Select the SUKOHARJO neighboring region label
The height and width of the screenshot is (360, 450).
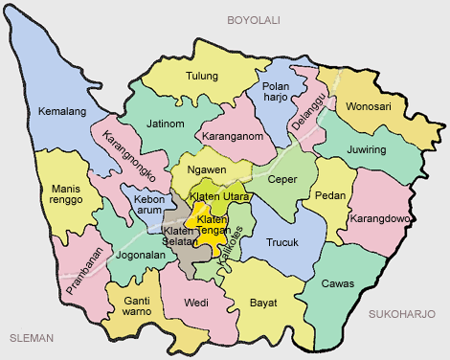(401, 314)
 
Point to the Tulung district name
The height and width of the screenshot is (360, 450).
(202, 77)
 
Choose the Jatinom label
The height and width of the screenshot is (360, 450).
(167, 124)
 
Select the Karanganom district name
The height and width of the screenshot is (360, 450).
(235, 137)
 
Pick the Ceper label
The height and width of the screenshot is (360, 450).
(283, 178)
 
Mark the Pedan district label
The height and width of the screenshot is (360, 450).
(330, 195)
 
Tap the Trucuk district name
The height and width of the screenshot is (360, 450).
(283, 242)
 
